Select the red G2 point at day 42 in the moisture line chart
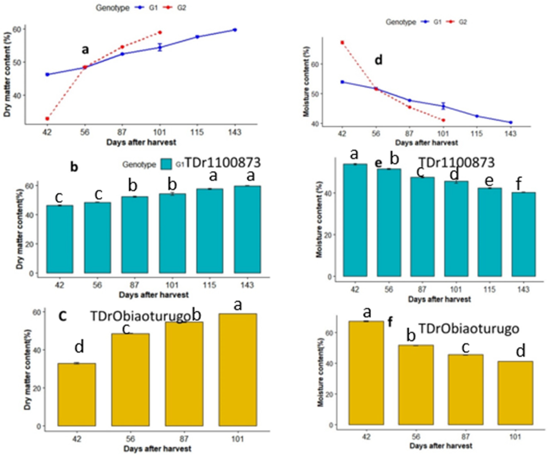(x=342, y=42)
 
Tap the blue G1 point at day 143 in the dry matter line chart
(x=235, y=30)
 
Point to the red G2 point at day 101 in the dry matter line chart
(x=160, y=32)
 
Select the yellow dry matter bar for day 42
(x=77, y=394)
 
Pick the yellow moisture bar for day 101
(x=515, y=393)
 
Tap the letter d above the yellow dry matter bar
(x=79, y=347)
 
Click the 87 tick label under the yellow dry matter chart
(x=184, y=439)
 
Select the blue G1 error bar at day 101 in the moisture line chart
(x=443, y=106)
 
